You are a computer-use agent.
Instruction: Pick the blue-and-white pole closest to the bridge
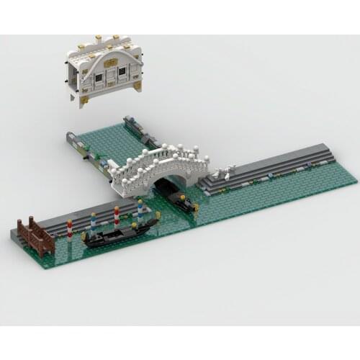click(x=140, y=211)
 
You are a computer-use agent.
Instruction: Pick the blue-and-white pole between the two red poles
click(x=93, y=219)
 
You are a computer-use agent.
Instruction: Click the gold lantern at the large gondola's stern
click(x=86, y=234)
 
